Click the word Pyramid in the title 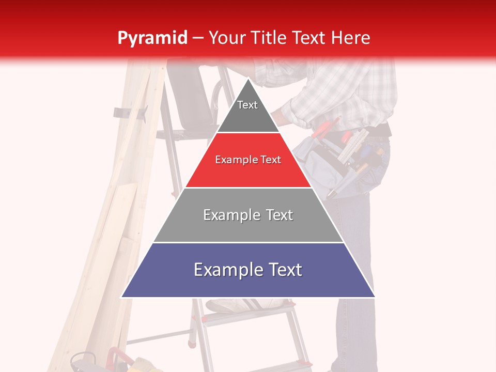tap(152, 38)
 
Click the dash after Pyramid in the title tap(197, 38)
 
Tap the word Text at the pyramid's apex tap(247, 105)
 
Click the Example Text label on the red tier tap(248, 160)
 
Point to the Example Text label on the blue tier tap(248, 270)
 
